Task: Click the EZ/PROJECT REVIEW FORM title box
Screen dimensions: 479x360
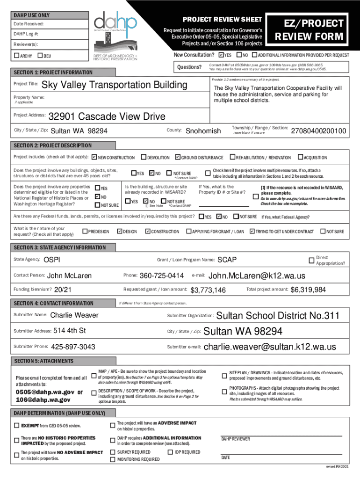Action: point(313,30)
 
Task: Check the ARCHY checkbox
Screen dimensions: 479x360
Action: point(16,56)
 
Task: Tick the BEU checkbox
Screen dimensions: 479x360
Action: point(40,56)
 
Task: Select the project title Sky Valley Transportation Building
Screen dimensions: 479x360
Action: point(114,85)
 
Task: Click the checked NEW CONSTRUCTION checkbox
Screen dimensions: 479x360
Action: point(94,157)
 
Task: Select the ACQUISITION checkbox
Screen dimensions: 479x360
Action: point(301,157)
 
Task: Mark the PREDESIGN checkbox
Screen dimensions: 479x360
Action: point(85,231)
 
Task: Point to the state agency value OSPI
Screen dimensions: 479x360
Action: point(51,260)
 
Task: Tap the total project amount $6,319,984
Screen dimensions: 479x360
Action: point(308,290)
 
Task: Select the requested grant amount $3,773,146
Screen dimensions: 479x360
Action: point(208,290)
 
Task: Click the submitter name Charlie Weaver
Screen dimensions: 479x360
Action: point(74,315)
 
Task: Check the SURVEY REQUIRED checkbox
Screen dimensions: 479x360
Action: point(112,452)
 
